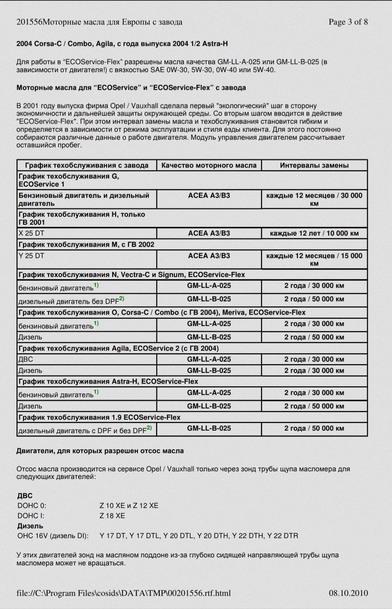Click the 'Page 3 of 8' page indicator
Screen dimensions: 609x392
[348, 22]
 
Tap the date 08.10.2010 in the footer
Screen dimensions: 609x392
[348, 593]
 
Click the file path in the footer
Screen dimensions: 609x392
[123, 593]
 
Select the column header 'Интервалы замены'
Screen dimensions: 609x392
[314, 165]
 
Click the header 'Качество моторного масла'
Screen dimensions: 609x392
[209, 165]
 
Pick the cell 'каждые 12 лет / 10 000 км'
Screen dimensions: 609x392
[314, 233]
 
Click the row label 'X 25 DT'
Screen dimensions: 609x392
[31, 233]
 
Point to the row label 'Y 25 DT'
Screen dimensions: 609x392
[31, 256]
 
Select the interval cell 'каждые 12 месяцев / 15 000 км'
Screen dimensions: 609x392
[314, 259]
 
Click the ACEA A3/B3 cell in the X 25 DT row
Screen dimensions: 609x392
[209, 233]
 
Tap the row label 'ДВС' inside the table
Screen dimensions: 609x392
[25, 359]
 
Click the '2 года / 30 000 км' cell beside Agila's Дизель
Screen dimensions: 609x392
[314, 370]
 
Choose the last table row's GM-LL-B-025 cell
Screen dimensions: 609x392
[209, 428]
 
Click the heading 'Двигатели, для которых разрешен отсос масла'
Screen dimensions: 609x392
[100, 451]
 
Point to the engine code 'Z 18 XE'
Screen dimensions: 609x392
[112, 516]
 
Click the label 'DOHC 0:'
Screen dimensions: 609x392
[32, 506]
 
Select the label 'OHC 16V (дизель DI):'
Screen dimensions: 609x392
[53, 536]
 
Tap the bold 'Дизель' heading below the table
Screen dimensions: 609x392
[30, 525]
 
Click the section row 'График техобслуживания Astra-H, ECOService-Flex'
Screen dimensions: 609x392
[108, 381]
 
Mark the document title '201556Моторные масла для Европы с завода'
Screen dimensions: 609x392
[99, 22]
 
